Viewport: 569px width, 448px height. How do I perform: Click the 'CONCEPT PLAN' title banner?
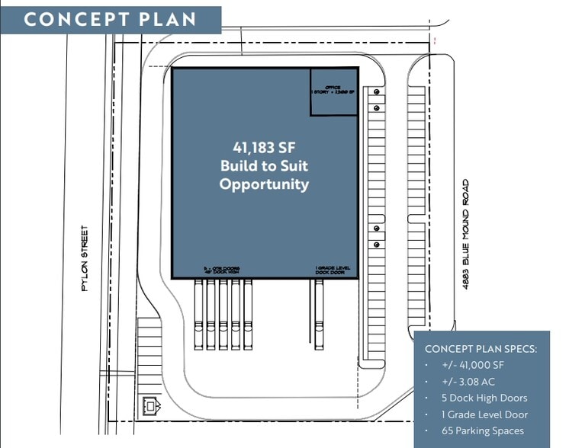pyautogui.click(x=110, y=19)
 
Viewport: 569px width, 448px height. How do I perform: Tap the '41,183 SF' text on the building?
pyautogui.click(x=264, y=147)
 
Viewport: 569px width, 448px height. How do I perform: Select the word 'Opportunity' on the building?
pyautogui.click(x=264, y=184)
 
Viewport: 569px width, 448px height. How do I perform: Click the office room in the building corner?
pyautogui.click(x=333, y=91)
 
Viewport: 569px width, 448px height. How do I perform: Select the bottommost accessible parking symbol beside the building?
pyautogui.click(x=377, y=245)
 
